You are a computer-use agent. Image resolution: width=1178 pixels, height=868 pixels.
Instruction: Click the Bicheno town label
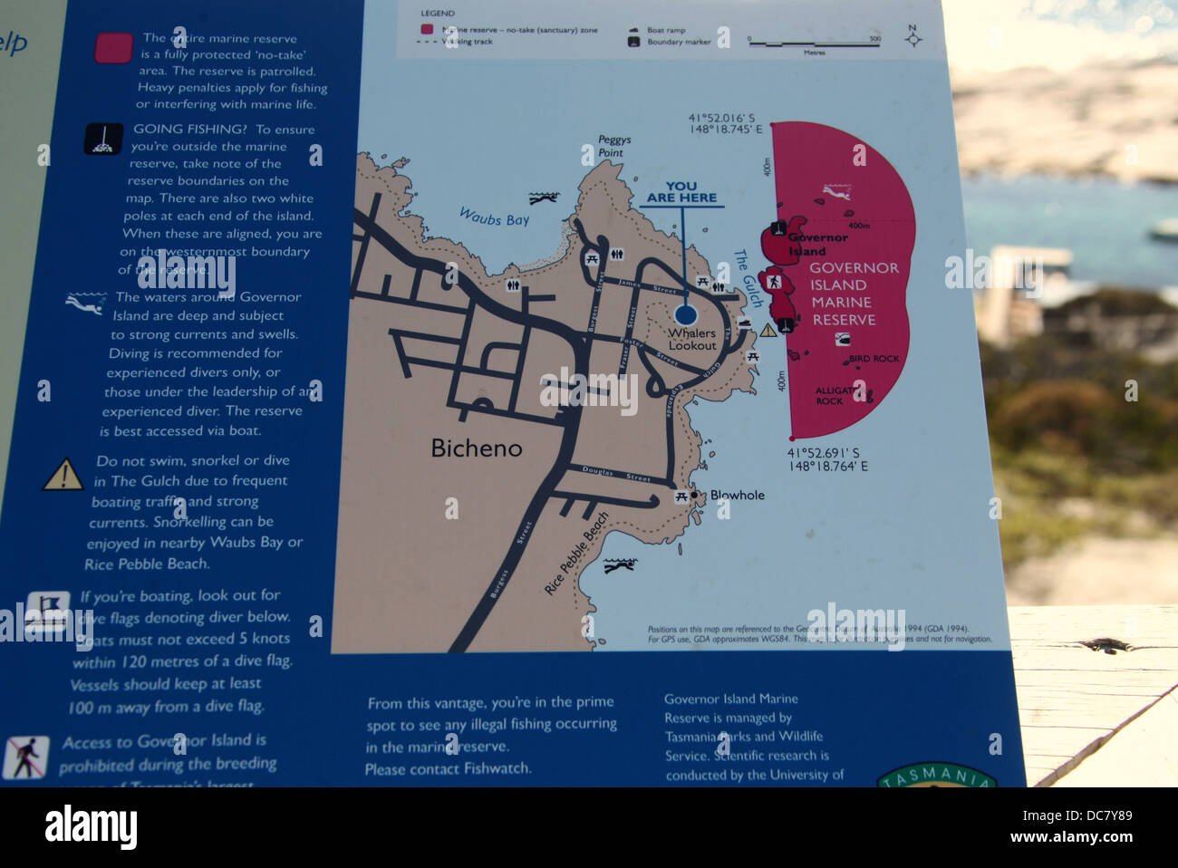point(476,448)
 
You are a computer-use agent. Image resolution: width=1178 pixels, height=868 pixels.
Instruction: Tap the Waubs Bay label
point(494,217)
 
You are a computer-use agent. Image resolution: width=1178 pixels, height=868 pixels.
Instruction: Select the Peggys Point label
point(613,147)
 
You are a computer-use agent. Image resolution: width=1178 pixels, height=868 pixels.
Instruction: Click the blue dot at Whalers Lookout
point(686,314)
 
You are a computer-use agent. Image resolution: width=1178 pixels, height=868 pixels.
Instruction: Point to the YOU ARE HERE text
point(681,192)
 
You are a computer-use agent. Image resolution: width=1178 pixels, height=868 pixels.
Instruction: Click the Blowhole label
point(737,496)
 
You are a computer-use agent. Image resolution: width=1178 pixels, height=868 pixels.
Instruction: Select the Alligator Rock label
point(833,396)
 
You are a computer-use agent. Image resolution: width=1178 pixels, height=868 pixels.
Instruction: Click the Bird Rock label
point(874,359)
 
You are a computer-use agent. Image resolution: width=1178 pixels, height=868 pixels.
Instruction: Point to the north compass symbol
point(913,37)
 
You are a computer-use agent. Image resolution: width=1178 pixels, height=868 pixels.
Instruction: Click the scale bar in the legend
point(814,43)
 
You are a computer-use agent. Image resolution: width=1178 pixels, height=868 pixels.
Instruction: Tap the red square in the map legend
point(427,30)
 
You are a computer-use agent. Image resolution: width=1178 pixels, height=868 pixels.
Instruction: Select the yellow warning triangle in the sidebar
point(63,475)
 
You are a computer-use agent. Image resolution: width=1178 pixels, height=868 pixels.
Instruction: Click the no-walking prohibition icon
point(25,757)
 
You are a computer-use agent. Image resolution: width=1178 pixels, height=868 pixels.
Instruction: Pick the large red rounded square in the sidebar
point(113,48)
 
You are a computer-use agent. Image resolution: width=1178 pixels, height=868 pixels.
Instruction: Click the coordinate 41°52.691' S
point(823,453)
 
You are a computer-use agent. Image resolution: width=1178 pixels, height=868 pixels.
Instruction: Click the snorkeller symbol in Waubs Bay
point(544,197)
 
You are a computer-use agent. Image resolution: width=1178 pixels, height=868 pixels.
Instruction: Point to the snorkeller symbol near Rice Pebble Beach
point(620,566)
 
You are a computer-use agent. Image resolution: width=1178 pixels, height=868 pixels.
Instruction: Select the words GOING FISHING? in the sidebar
point(189,130)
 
